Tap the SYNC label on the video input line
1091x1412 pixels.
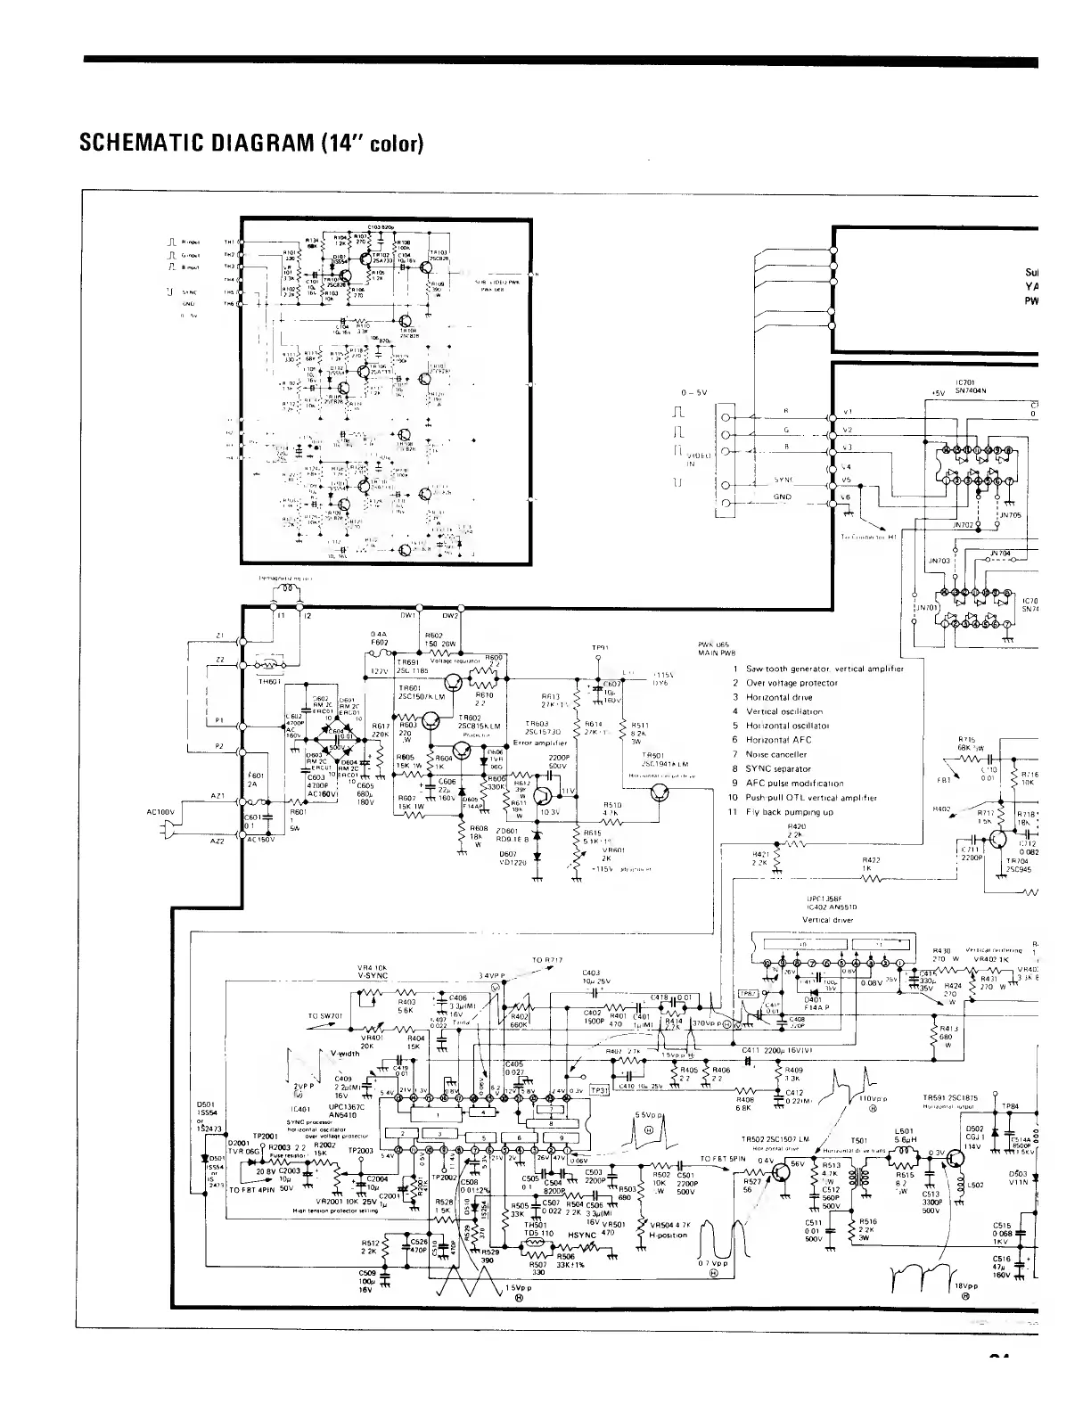(x=783, y=480)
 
